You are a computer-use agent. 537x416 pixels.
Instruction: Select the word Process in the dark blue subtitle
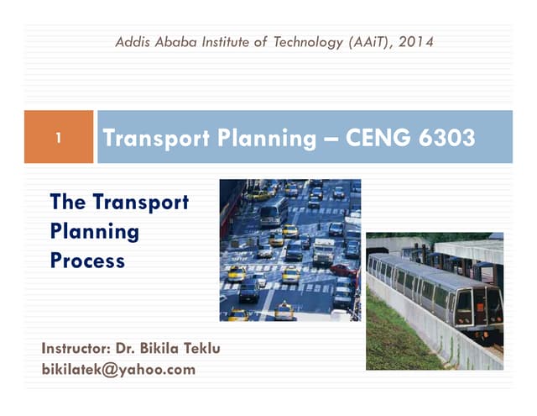[x=88, y=261]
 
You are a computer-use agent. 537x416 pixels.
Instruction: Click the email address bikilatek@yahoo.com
[x=117, y=369]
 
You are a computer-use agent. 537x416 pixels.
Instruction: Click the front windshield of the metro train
[x=467, y=303]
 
